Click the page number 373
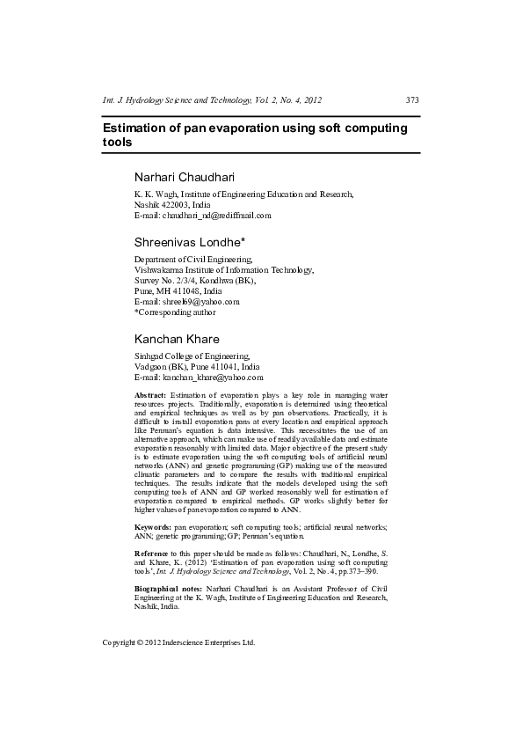click(x=412, y=100)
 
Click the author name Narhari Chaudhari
click(x=184, y=178)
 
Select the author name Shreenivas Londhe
click(x=189, y=240)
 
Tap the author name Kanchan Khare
click(x=177, y=339)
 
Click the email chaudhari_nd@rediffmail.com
click(x=214, y=215)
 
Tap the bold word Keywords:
click(x=153, y=525)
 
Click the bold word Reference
click(x=154, y=552)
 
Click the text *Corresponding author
click(x=174, y=312)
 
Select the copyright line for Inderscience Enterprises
click(x=178, y=642)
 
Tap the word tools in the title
click(x=117, y=142)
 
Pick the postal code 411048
click(x=184, y=290)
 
